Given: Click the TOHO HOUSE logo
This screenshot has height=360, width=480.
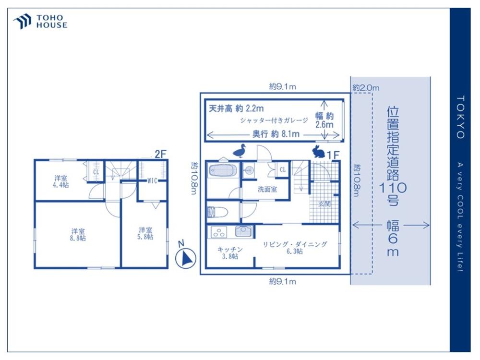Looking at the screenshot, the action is [40, 22].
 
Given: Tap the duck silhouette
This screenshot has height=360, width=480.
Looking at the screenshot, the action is [240, 151].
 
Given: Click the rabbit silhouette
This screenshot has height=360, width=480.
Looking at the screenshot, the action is [319, 152].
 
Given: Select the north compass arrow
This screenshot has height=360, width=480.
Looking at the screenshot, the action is [185, 258].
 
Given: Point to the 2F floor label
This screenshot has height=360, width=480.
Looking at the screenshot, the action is [160, 154].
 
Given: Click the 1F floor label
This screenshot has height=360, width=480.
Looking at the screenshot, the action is [333, 155].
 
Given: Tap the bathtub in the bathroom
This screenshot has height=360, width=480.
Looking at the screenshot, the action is [223, 170].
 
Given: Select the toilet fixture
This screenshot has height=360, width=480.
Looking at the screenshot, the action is [217, 212].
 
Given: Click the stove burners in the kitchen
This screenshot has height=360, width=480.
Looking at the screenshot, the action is [218, 232].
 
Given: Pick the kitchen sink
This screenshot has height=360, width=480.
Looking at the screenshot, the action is [244, 231].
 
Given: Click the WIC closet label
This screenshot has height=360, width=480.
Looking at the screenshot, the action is [152, 180].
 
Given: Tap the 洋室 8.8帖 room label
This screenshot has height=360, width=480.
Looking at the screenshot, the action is [78, 235].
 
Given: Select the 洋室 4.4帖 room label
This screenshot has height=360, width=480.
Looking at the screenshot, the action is [60, 181].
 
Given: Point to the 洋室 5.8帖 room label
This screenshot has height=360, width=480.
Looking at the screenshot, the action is [145, 233].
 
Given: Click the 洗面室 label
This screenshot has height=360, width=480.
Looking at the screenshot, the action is [267, 189].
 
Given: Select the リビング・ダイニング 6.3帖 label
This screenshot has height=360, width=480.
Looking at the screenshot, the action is [295, 248].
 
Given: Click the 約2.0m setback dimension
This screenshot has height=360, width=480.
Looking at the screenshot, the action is [366, 88].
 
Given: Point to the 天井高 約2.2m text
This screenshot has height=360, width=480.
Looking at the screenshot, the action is [236, 108].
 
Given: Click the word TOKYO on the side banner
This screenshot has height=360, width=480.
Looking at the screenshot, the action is [461, 117].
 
